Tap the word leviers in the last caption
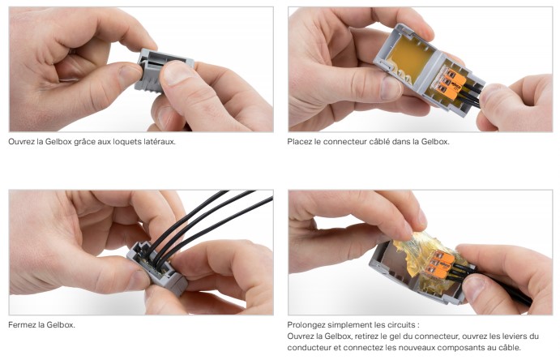[517, 336]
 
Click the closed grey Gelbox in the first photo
[164, 71]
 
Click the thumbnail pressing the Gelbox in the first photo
[173, 72]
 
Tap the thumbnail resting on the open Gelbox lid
[391, 88]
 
